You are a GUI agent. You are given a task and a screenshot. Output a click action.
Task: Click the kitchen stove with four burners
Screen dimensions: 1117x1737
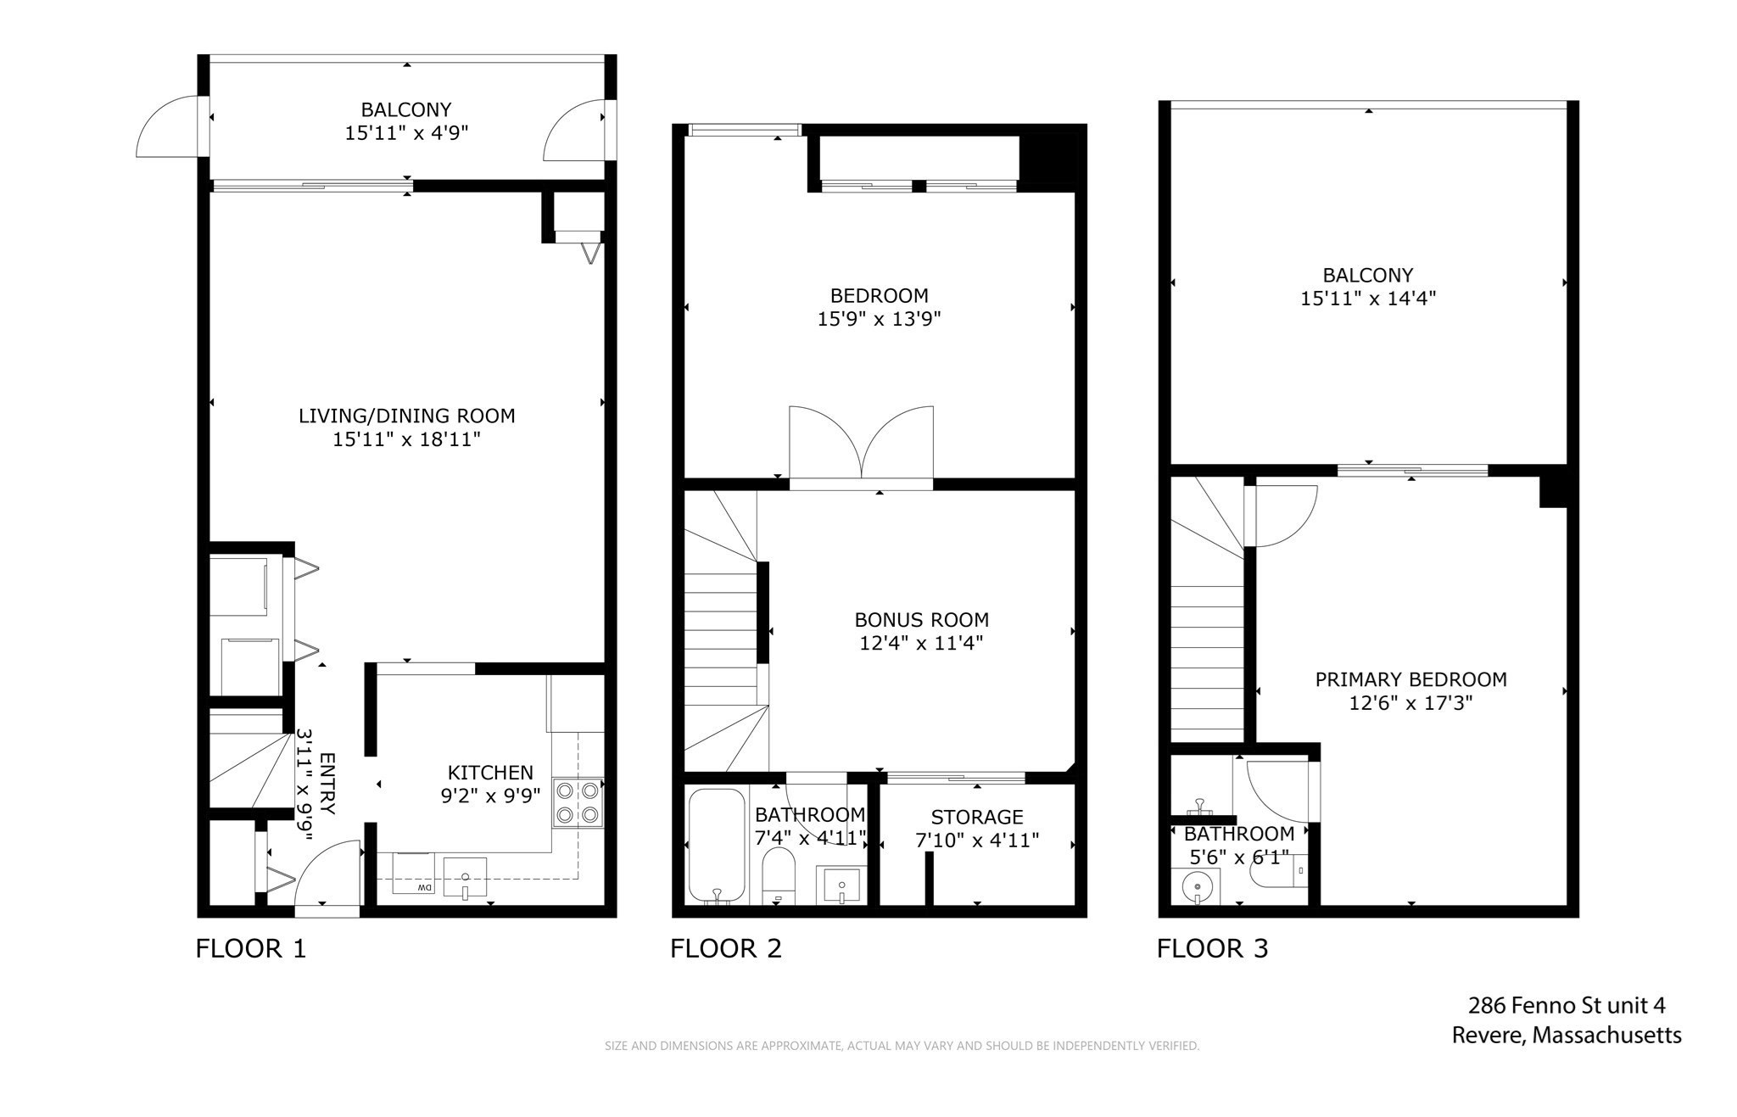578,803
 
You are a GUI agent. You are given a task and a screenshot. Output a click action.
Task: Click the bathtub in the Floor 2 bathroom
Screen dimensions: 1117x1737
717,846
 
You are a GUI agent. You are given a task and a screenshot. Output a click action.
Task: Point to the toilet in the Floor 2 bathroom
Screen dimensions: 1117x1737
778,875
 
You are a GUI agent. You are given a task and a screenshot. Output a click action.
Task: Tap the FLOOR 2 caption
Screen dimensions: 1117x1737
726,948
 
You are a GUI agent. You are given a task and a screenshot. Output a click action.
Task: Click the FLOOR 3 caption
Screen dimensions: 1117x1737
1212,948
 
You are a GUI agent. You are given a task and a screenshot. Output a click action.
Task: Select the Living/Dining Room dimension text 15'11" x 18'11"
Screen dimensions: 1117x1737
406,439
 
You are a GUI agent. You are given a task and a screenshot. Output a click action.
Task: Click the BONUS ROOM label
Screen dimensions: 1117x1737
921,620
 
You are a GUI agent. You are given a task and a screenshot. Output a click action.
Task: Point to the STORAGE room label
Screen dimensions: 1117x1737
977,817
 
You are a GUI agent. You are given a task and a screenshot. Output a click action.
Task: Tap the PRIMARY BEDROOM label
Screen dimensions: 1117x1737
1410,679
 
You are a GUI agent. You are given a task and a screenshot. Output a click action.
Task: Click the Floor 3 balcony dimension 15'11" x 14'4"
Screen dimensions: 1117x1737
1367,299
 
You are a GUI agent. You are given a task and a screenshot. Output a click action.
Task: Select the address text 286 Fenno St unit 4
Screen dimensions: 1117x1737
1567,1006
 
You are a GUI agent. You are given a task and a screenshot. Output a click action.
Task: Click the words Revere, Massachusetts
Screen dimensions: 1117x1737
1567,1036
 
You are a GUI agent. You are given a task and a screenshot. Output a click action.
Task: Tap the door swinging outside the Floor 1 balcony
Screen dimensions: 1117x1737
170,127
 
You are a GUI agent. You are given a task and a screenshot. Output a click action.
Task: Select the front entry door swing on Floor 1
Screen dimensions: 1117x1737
327,874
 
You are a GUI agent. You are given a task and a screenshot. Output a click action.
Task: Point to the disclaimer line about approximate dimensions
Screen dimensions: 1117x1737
902,1046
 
